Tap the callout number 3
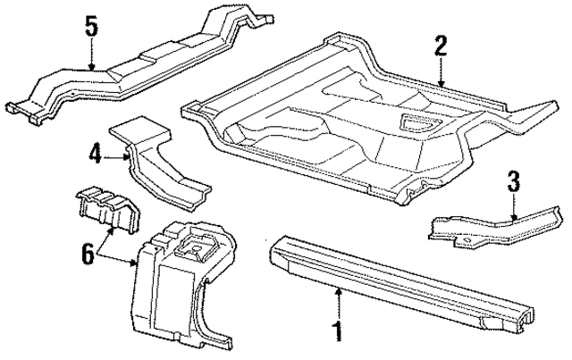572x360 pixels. tap(513, 182)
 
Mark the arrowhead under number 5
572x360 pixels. tap(92, 66)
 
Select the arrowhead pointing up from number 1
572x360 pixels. tap(338, 290)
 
